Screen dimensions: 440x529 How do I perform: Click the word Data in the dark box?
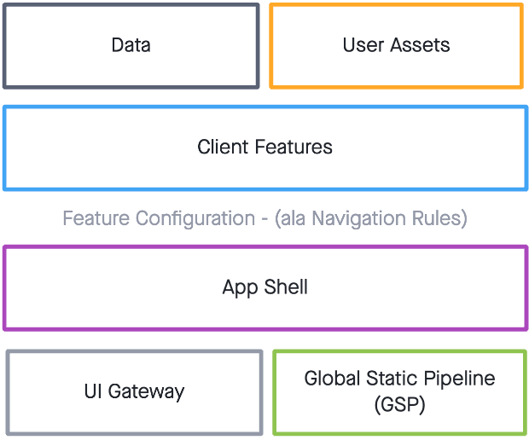131,45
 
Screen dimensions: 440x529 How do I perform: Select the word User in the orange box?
362,45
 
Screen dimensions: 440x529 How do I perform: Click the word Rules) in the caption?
440,219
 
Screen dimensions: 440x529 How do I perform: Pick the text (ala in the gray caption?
291,219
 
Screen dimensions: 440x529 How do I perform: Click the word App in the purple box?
239,287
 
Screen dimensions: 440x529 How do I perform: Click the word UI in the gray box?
93,391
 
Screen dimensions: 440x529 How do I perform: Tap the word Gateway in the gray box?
145,392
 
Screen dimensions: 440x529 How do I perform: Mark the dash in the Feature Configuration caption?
264,219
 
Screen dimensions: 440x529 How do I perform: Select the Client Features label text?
264,147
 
